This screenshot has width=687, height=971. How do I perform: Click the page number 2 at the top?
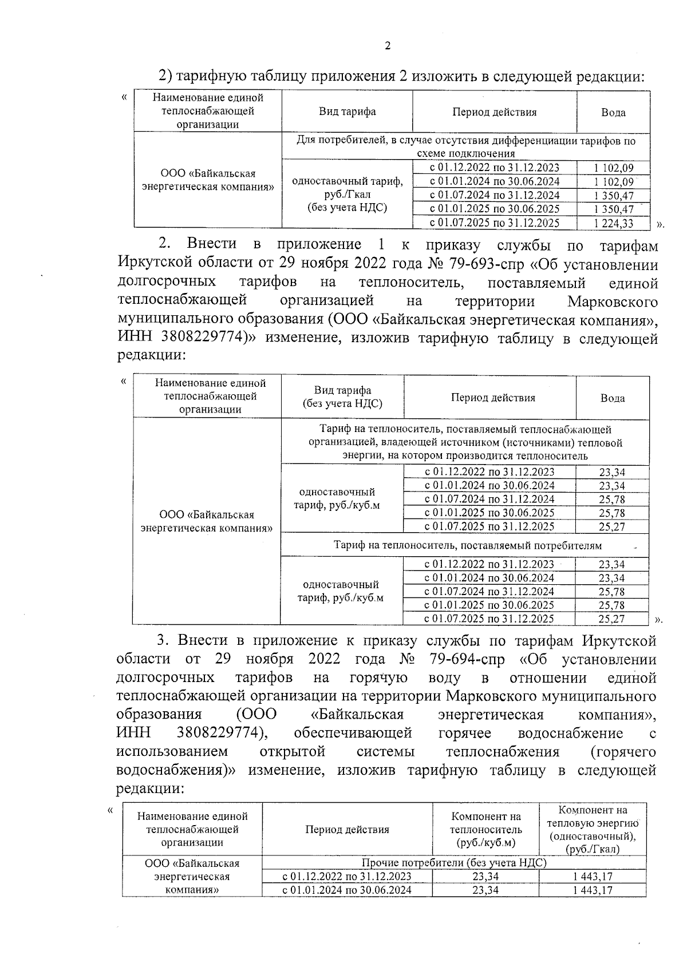(388, 46)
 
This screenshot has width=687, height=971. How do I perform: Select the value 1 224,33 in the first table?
(614, 223)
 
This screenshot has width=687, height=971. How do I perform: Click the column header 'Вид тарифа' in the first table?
(347, 112)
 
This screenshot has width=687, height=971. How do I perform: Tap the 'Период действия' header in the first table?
(494, 112)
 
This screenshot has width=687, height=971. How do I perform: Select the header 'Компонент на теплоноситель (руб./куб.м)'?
(485, 829)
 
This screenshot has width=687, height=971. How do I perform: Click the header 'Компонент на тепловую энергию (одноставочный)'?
(593, 829)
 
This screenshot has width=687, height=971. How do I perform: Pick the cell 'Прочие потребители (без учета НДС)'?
(453, 863)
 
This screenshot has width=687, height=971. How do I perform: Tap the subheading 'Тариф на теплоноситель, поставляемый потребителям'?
(467, 546)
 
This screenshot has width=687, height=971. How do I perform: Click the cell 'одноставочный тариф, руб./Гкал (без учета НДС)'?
(347, 195)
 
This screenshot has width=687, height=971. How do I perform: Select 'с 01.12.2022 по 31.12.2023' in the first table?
(494, 168)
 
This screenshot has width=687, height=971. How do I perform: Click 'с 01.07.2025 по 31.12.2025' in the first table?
(494, 223)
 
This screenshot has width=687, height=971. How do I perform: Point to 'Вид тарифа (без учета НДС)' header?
(342, 397)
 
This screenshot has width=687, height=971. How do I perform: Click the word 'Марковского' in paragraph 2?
(613, 302)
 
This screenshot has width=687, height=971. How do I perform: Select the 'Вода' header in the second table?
(612, 398)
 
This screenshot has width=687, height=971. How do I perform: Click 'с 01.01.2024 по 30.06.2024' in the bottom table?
(346, 890)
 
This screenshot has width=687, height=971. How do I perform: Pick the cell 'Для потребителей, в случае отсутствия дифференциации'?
(465, 146)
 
